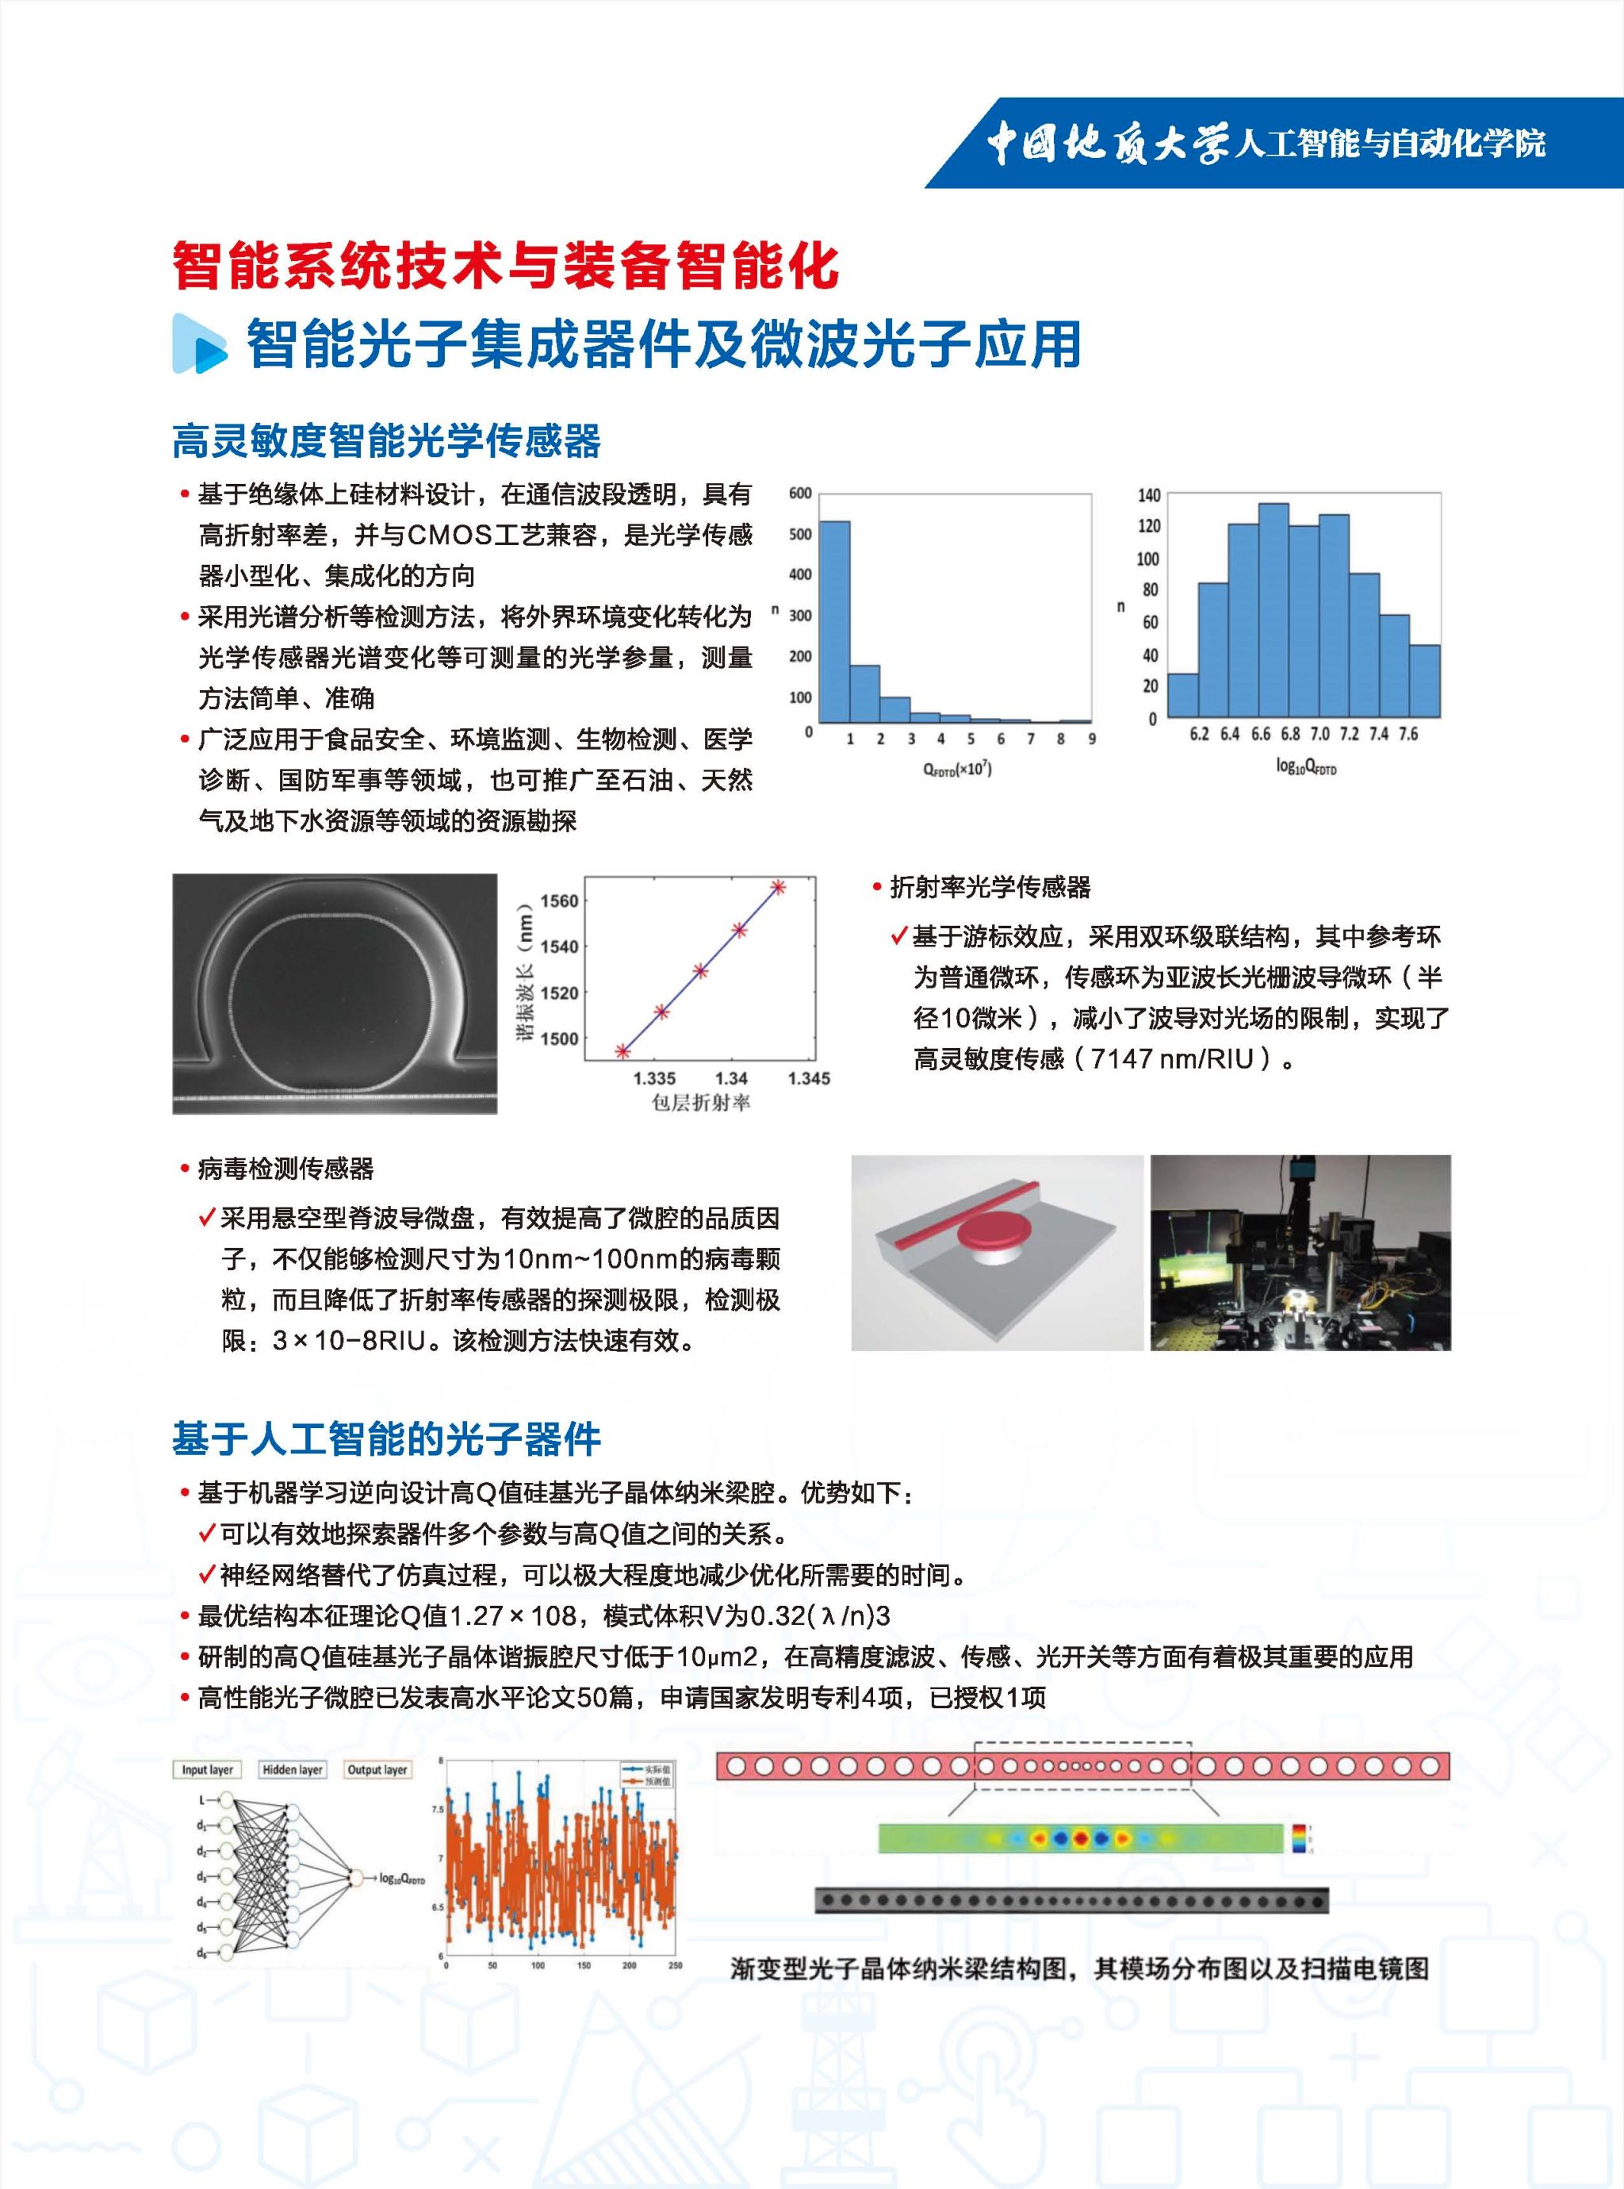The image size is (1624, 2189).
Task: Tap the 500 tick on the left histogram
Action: (800, 534)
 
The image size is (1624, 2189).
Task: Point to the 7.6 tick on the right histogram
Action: (1408, 735)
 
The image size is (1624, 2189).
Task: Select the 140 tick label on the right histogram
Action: (1149, 494)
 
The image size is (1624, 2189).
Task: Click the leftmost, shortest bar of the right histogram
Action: (1182, 695)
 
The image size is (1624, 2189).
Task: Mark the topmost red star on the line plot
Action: (778, 887)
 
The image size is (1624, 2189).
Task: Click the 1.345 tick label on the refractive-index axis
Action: (808, 1079)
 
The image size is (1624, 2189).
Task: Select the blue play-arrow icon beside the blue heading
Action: (198, 344)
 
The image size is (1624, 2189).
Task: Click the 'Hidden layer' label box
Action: (292, 1770)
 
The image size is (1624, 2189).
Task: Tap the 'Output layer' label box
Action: (377, 1770)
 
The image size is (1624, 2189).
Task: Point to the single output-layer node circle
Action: (356, 1878)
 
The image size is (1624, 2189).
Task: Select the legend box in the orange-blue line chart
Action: (647, 1774)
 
